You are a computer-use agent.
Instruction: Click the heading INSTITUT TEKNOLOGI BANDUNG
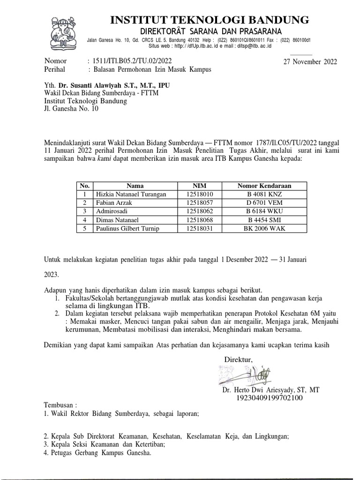tap(209, 20)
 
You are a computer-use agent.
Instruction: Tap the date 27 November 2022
tap(310, 62)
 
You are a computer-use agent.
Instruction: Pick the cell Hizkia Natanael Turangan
tap(127, 195)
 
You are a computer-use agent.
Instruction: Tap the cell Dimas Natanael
tap(117, 220)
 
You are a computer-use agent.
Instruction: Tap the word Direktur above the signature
tap(239, 360)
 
